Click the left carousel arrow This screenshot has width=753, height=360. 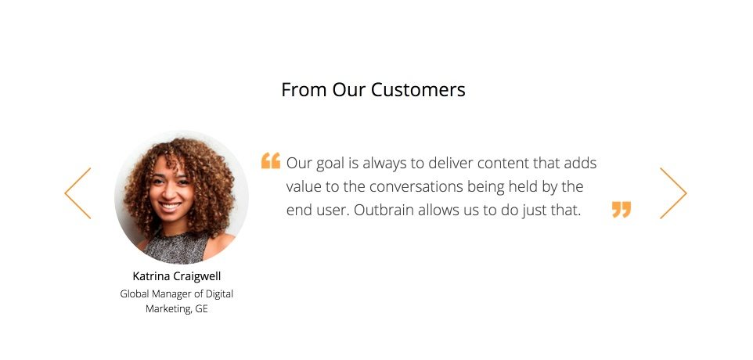[77, 193]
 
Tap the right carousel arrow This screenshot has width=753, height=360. [673, 193]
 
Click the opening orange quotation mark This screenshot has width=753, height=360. [270, 161]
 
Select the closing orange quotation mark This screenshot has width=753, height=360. [621, 210]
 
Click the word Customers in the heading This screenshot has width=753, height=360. [418, 90]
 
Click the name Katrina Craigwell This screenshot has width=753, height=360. [177, 276]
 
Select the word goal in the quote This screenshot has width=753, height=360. [330, 164]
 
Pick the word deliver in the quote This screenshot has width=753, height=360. [442, 164]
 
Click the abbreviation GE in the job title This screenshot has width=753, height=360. [201, 309]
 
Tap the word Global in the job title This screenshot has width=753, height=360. [135, 294]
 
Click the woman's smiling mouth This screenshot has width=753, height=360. [170, 207]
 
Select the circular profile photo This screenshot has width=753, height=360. [182, 197]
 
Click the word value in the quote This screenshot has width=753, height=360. [304, 187]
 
